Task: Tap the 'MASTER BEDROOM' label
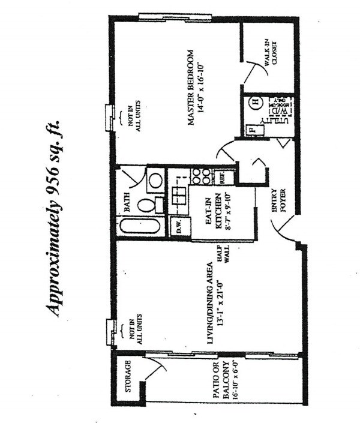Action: [x=191, y=87]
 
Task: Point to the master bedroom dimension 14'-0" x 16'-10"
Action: [x=202, y=87]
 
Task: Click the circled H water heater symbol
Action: [x=254, y=103]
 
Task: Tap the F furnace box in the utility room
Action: [x=253, y=129]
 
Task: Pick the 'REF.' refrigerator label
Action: [x=221, y=178]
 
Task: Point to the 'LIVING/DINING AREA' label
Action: [x=210, y=303]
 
